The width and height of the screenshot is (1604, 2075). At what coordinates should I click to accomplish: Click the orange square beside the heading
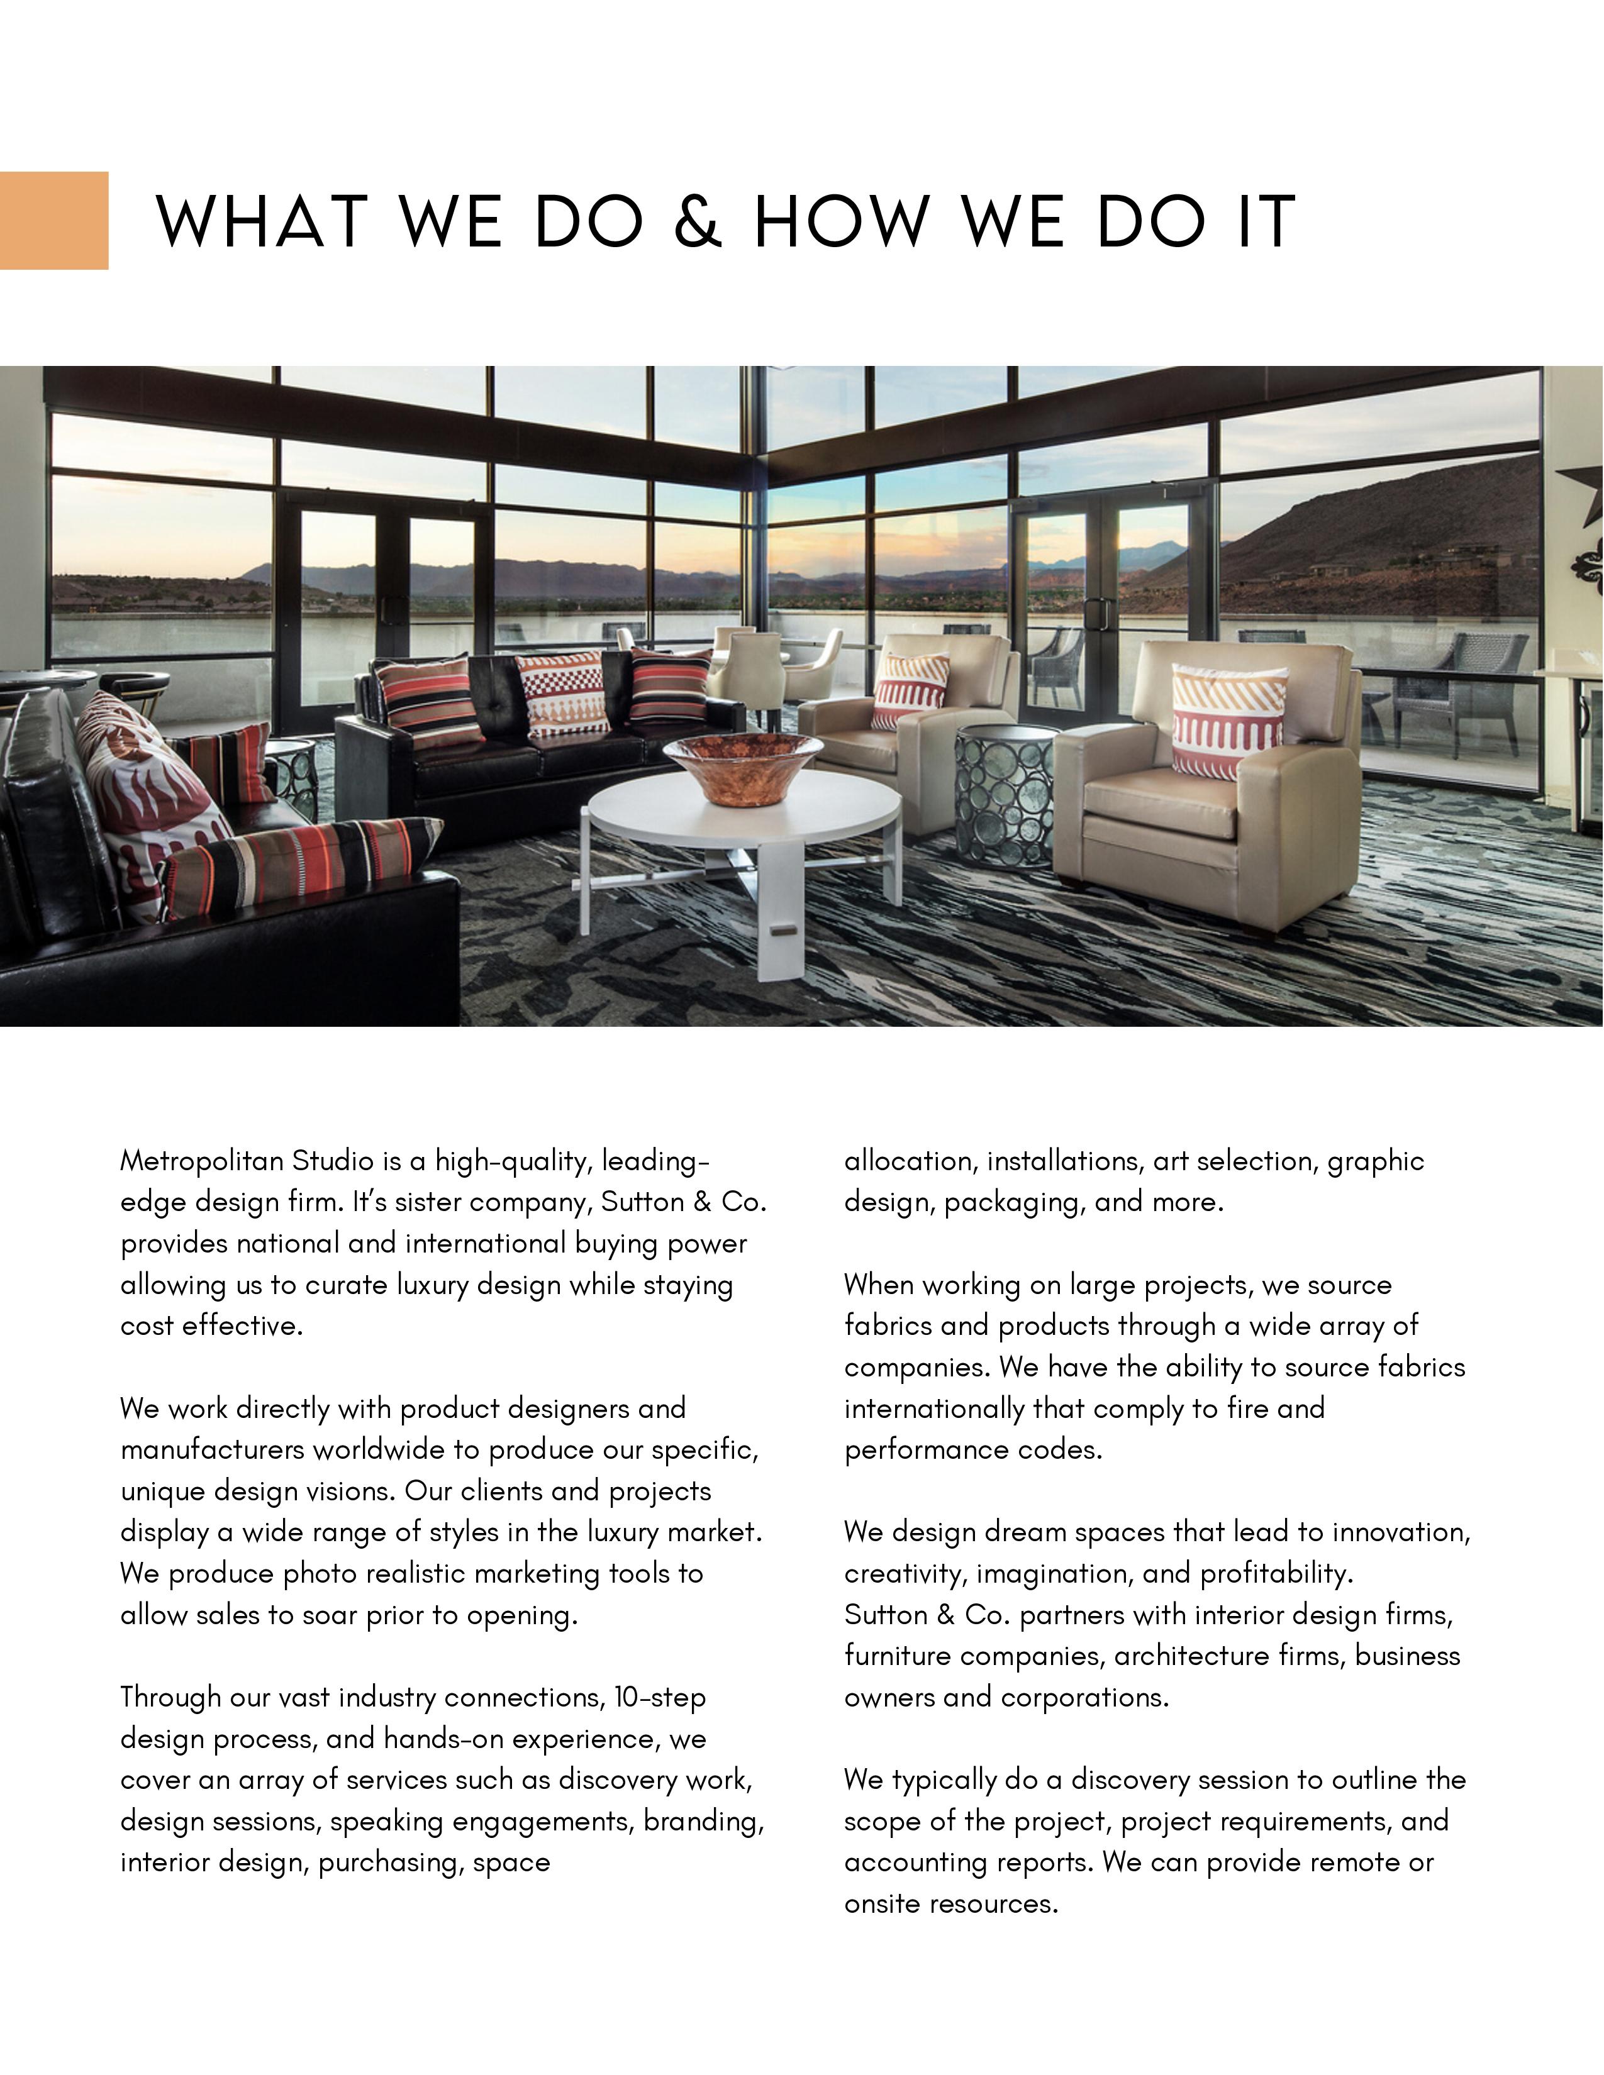pyautogui.click(x=53, y=221)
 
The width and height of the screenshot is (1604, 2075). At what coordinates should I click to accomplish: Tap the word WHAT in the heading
pyautogui.click(x=262, y=221)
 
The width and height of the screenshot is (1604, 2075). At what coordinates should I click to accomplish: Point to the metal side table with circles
pyautogui.click(x=1003, y=794)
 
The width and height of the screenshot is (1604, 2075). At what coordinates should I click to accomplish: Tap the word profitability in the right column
pyautogui.click(x=1276, y=1573)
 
